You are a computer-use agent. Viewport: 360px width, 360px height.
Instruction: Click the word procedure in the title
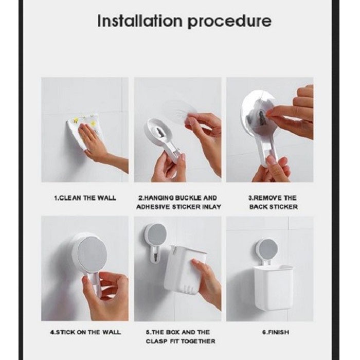click(229, 22)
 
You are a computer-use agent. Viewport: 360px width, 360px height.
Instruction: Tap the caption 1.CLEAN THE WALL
click(85, 198)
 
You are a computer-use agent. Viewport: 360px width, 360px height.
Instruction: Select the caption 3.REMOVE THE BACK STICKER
click(273, 202)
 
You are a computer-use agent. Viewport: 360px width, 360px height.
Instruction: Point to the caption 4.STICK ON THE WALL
click(85, 332)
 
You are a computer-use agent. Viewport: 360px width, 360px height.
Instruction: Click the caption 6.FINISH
click(276, 332)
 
